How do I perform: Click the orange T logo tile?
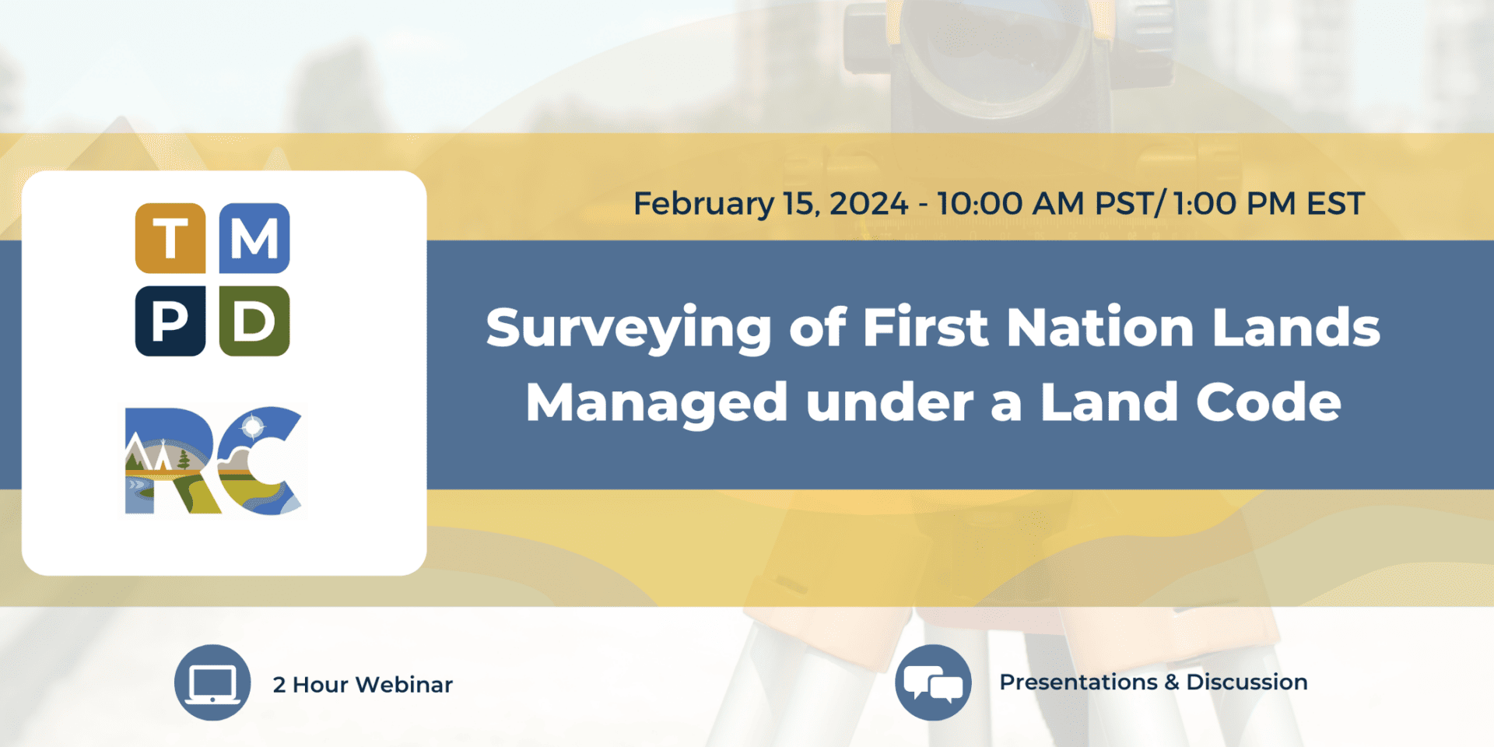click(x=170, y=238)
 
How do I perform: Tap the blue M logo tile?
click(x=254, y=238)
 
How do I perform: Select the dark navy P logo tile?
click(x=170, y=321)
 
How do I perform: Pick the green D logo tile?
click(x=254, y=321)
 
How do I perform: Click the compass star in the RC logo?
click(x=253, y=426)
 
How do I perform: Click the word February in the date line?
click(x=703, y=204)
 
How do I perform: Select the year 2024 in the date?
click(x=868, y=204)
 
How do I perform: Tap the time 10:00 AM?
click(x=1010, y=204)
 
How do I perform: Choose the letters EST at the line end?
click(x=1335, y=204)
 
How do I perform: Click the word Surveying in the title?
click(x=629, y=328)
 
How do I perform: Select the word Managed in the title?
click(x=657, y=403)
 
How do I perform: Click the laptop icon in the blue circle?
click(x=212, y=683)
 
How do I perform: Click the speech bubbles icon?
click(x=933, y=683)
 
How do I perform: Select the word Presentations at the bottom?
click(x=1078, y=682)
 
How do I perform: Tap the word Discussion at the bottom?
click(x=1247, y=682)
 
